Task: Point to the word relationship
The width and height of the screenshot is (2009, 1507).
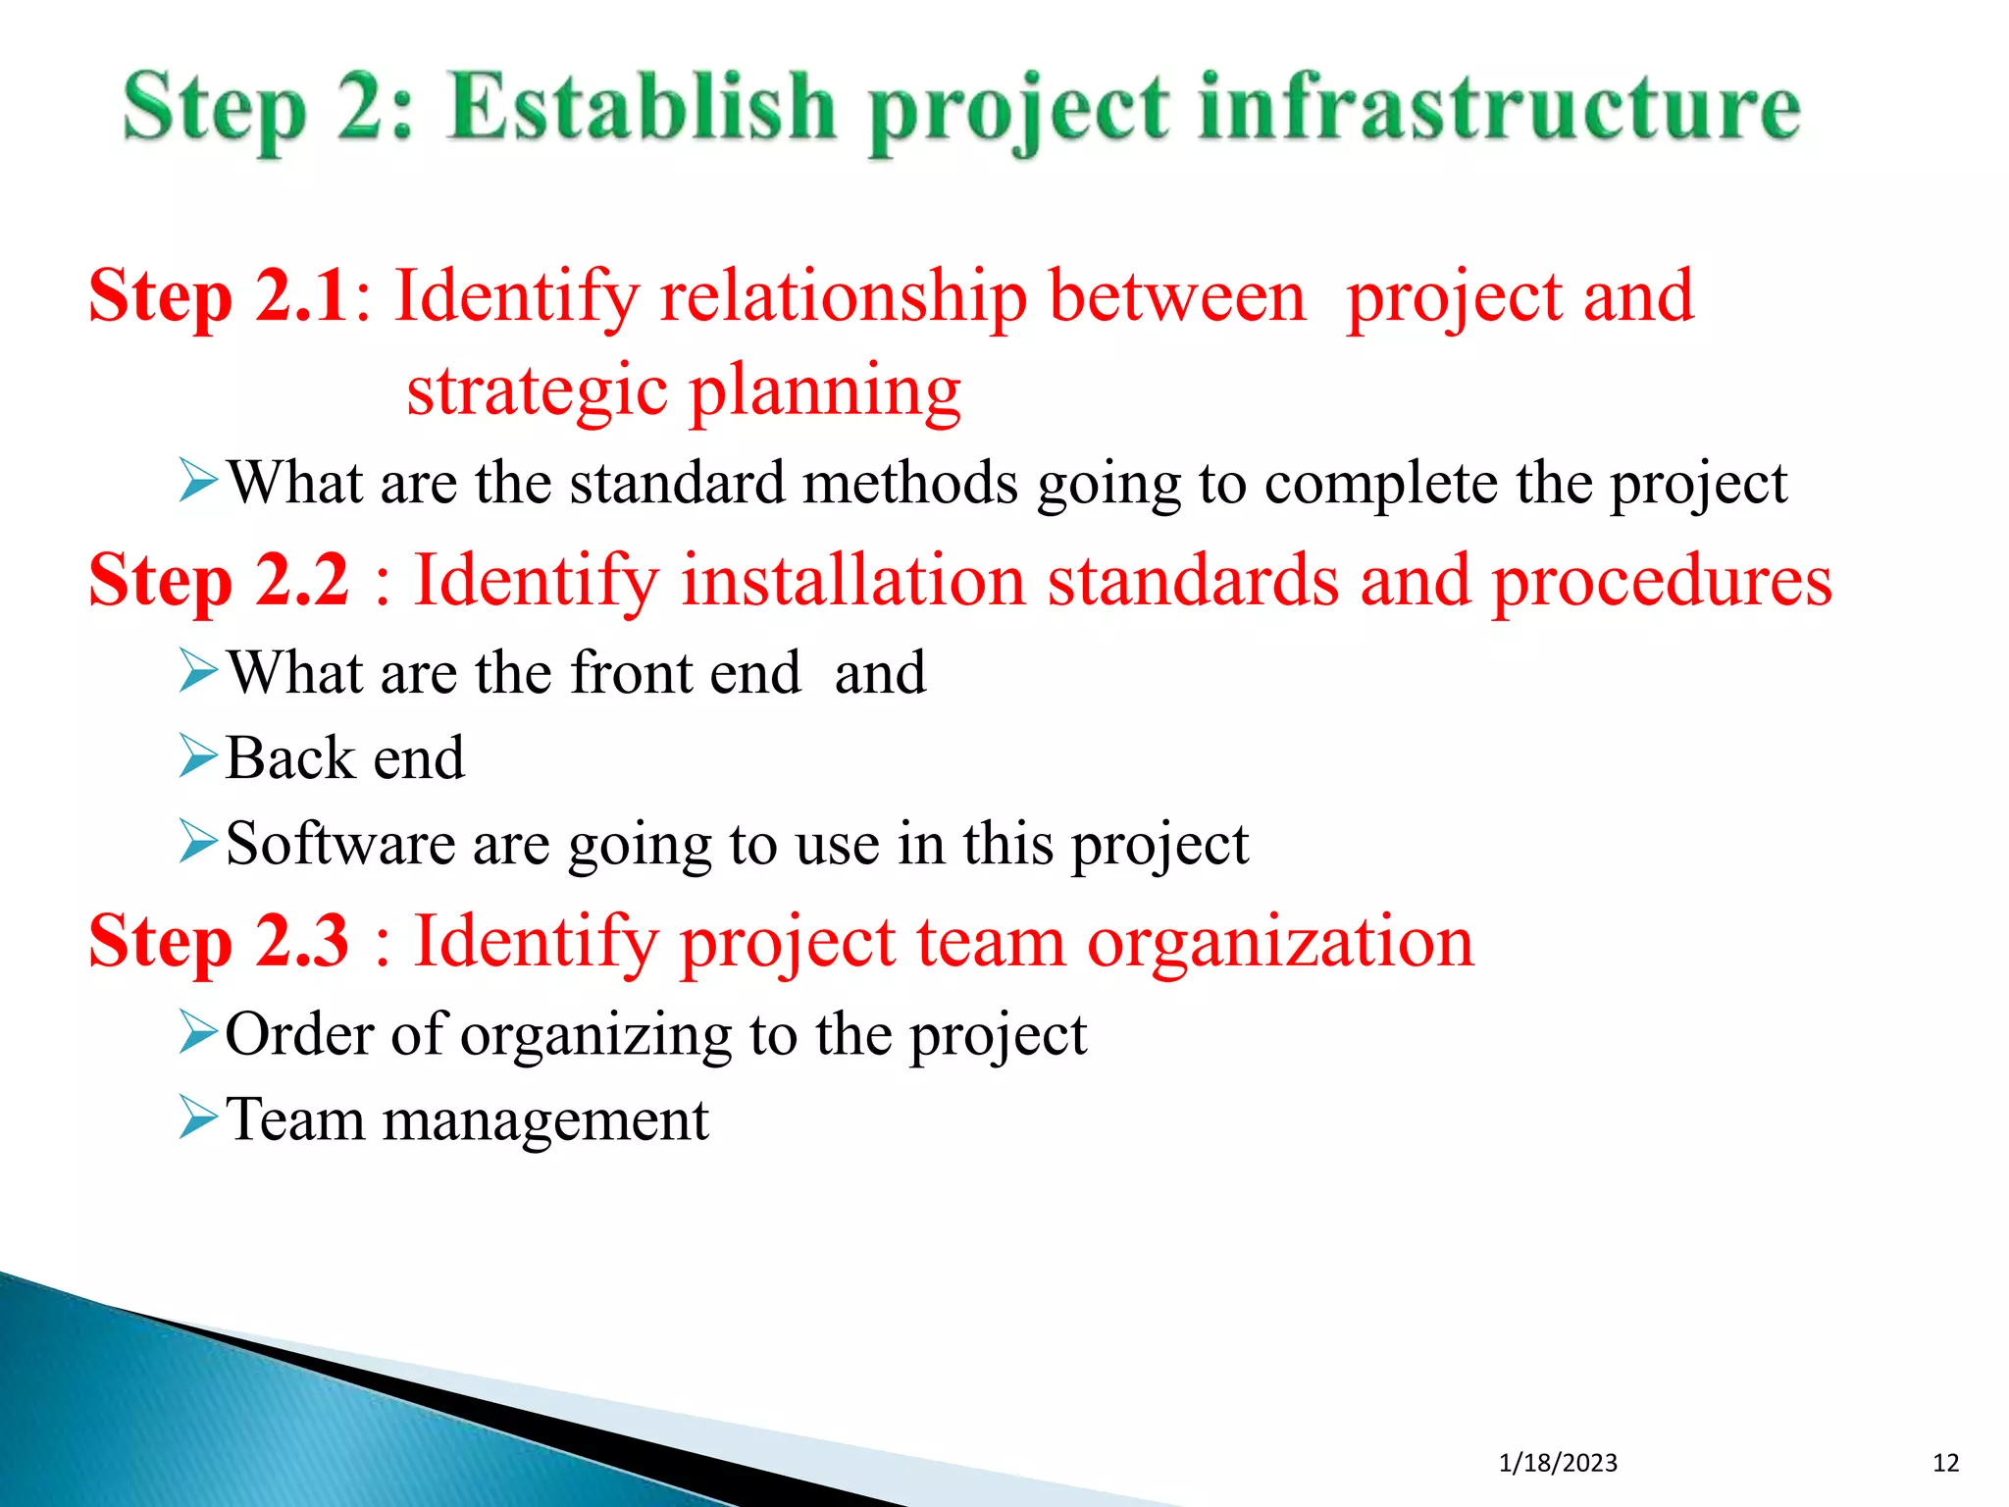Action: click(x=844, y=296)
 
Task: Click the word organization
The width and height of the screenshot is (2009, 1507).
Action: click(x=1280, y=942)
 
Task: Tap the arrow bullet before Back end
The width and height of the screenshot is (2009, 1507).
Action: click(x=198, y=757)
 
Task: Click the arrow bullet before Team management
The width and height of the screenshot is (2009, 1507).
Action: click(x=198, y=1117)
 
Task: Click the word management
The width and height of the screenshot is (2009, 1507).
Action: click(x=544, y=1119)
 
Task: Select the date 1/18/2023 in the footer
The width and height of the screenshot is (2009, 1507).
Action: click(x=1558, y=1463)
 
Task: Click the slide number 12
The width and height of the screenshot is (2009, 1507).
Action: click(x=1945, y=1463)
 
